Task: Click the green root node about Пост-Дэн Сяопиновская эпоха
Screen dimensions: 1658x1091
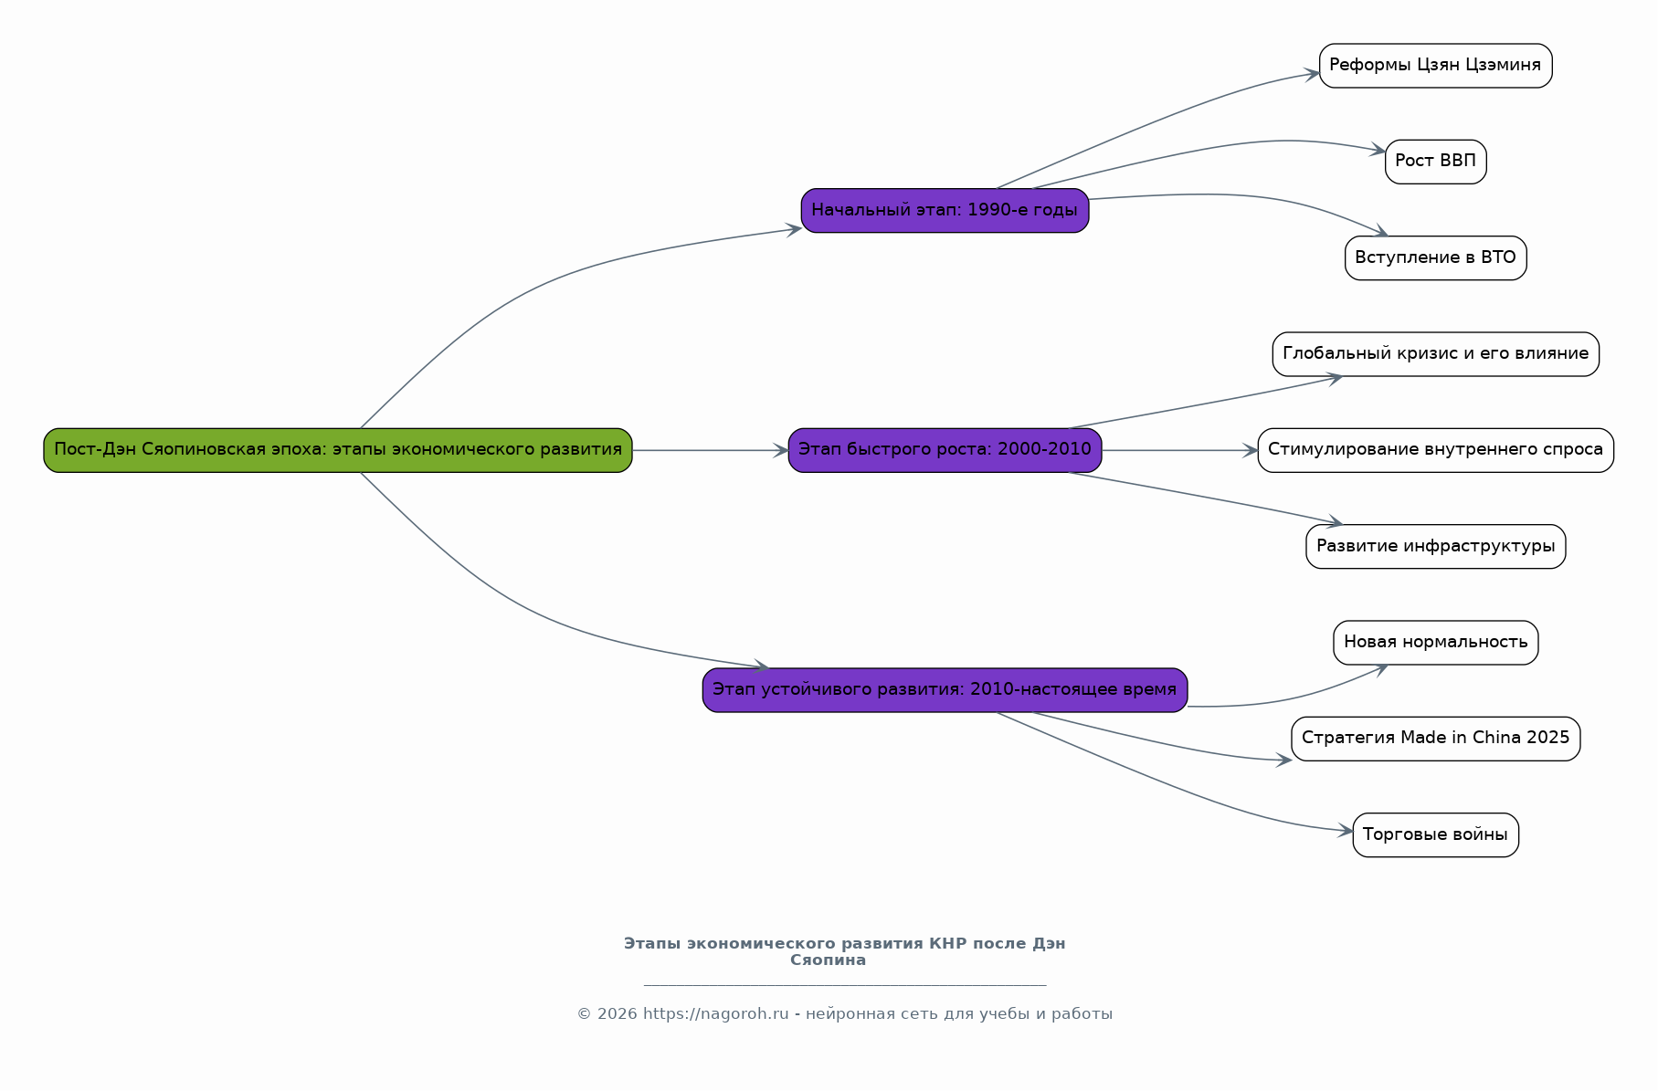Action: click(338, 450)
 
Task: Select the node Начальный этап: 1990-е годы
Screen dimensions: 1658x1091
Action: click(945, 211)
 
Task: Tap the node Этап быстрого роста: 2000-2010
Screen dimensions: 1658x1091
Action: click(945, 450)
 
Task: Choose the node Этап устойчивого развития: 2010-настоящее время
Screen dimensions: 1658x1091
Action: click(945, 690)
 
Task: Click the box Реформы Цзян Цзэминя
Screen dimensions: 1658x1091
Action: click(1435, 66)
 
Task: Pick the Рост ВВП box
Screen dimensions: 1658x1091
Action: click(1435, 162)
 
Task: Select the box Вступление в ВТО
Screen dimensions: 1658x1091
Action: click(1435, 257)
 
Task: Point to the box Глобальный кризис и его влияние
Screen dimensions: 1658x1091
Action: click(1435, 354)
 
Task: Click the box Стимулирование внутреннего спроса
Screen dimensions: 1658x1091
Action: click(1435, 450)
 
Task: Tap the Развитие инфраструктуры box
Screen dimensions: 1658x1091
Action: click(1435, 546)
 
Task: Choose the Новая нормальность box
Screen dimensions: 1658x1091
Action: click(1435, 643)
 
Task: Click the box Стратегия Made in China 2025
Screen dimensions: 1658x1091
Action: click(1435, 739)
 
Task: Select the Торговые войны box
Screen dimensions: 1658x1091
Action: click(1435, 834)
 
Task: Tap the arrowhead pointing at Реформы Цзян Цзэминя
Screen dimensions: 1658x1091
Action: click(1312, 74)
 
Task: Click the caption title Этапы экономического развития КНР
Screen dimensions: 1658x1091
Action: click(844, 951)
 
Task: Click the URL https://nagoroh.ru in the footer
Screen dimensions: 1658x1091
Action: click(715, 1014)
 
